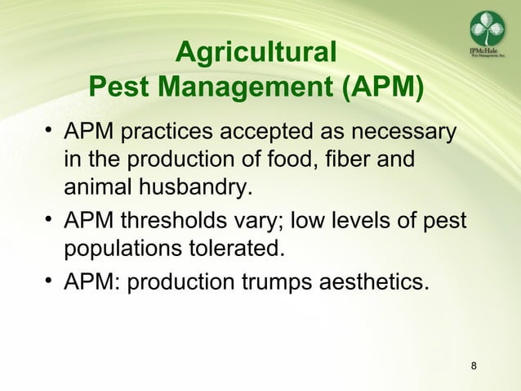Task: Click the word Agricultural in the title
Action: (x=256, y=53)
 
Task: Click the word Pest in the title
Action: (x=117, y=85)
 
